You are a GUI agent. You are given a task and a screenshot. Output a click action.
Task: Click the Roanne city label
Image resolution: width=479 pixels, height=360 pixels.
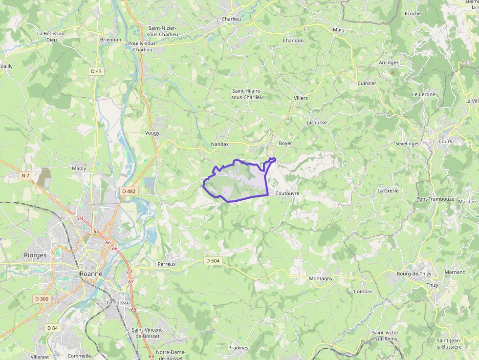coord(91,274)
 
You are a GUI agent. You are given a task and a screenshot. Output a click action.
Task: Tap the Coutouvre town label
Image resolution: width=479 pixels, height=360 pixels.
coord(287,193)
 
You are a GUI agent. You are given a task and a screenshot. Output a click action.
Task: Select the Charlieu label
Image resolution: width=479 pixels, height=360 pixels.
coord(231,19)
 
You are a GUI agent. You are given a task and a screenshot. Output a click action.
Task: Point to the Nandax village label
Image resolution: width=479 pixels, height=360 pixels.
coord(219,145)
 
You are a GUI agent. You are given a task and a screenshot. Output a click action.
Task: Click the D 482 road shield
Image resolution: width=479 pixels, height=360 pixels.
coord(128,191)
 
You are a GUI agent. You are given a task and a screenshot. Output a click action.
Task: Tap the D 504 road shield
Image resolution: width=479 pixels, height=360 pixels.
coord(213,261)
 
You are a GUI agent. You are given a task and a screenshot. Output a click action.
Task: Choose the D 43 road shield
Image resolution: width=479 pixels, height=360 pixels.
coord(96,71)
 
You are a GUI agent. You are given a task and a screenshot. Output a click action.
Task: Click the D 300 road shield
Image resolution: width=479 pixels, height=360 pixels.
coord(42,298)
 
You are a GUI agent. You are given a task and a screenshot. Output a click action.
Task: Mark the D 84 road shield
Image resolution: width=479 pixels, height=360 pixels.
coord(52,327)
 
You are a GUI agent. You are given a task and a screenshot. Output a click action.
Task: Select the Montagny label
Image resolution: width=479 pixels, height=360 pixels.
coord(321,278)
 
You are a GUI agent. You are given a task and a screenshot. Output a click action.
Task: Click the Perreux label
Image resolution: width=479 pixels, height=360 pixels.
coord(167,264)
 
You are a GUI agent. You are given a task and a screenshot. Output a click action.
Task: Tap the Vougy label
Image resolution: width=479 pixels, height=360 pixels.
coord(152,133)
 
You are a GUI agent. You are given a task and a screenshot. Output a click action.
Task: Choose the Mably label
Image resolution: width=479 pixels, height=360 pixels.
coord(79,169)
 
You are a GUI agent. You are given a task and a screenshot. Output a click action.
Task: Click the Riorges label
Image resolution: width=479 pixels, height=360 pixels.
coord(35,255)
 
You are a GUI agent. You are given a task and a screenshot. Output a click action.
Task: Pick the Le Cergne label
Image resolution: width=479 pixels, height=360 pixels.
coord(423,94)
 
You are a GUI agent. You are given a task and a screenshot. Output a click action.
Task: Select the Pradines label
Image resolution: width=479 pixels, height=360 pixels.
coord(238,348)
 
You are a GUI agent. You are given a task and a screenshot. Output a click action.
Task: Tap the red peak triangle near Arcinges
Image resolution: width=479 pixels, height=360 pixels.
coord(392,72)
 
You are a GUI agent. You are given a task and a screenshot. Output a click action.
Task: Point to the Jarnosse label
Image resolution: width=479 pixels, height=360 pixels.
coord(317,123)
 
